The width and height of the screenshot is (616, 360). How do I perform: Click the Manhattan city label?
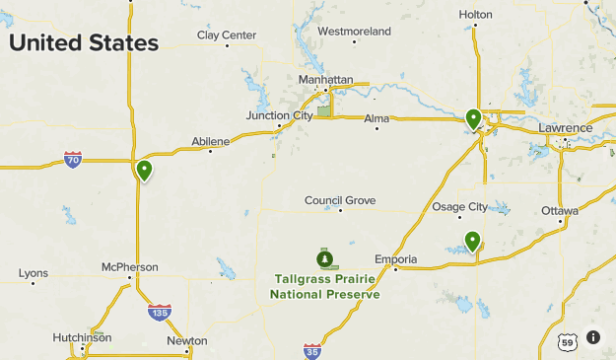click(325, 79)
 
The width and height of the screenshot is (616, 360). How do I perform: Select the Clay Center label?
click(226, 36)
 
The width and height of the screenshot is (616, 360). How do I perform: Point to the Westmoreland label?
click(354, 32)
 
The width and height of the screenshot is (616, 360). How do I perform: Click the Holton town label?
click(475, 14)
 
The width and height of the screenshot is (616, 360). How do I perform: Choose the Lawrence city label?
click(565, 128)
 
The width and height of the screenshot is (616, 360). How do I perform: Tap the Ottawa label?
click(559, 211)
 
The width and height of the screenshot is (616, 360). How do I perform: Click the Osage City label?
click(459, 206)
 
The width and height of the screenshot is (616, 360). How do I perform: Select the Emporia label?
click(396, 259)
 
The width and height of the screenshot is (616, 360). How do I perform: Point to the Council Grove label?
click(340, 200)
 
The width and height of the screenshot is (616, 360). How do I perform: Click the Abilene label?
click(210, 141)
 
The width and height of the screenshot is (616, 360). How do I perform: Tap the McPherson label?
click(129, 266)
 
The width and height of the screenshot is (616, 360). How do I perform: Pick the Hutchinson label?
click(82, 337)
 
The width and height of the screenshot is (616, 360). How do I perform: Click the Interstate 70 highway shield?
click(73, 160)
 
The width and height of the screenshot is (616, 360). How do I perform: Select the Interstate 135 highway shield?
click(160, 313)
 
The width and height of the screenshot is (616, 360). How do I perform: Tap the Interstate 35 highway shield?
click(312, 350)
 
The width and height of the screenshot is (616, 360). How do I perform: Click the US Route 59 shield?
click(566, 342)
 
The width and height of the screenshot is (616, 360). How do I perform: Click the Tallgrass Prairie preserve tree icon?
click(324, 259)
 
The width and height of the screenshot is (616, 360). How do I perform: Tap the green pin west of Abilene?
click(145, 171)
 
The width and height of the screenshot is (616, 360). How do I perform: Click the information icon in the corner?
click(593, 337)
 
